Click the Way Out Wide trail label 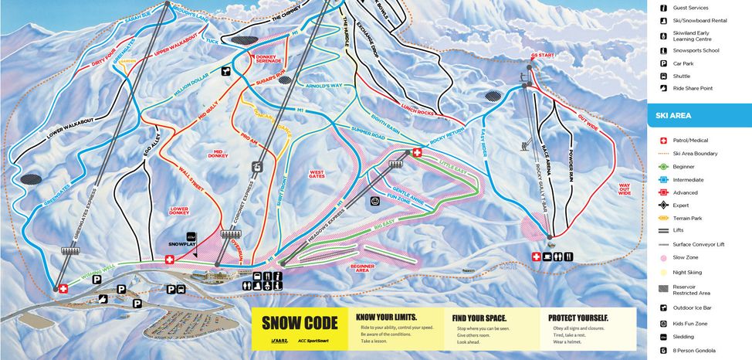pyautogui.click(x=624, y=188)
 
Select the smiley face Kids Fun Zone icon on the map pyautogui.click(x=375, y=202)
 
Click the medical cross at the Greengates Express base pyautogui.click(x=63, y=288)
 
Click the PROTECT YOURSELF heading pyautogui.click(x=578, y=318)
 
